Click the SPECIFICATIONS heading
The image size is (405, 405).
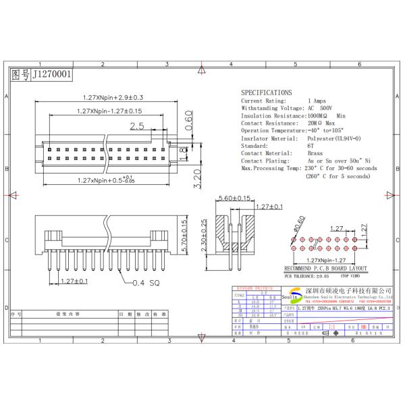pos(267,92)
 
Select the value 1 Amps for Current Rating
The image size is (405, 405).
pos(317,101)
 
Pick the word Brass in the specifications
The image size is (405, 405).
pos(315,153)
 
